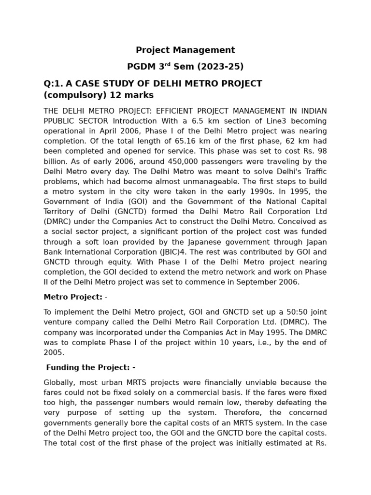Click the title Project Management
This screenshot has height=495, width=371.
click(185, 50)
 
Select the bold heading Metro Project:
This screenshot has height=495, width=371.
click(73, 297)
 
